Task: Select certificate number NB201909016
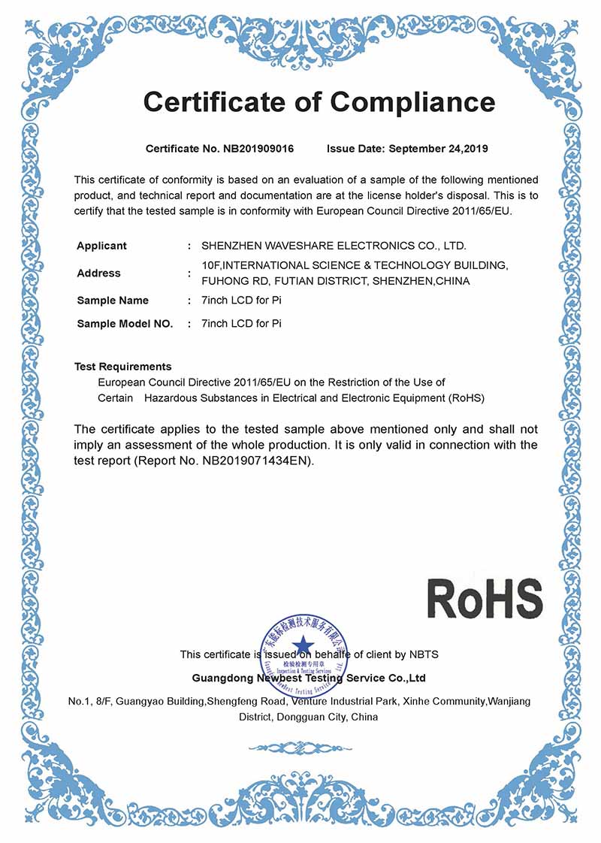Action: pyautogui.click(x=258, y=149)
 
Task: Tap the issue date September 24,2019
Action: pyautogui.click(x=438, y=149)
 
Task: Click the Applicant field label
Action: pyautogui.click(x=101, y=246)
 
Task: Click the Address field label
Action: pyautogui.click(x=98, y=273)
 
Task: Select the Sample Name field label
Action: pyautogui.click(x=113, y=301)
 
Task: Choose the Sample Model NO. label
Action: pyautogui.click(x=125, y=325)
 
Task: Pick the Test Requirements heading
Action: pyautogui.click(x=123, y=367)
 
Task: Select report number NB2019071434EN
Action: pyautogui.click(x=256, y=460)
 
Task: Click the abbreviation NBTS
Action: pyautogui.click(x=424, y=654)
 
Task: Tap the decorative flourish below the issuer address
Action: pyautogui.click(x=300, y=748)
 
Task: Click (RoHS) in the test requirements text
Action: pyautogui.click(x=467, y=397)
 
